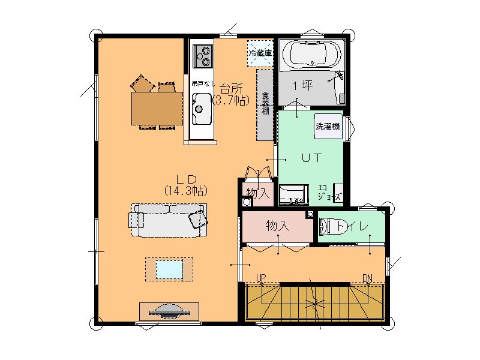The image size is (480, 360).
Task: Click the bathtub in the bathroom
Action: pyautogui.click(x=312, y=55)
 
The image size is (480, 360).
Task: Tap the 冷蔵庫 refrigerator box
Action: pyautogui.click(x=260, y=53)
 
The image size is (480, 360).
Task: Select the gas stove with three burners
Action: pyautogui.click(x=202, y=56)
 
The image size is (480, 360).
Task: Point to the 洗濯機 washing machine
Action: pyautogui.click(x=328, y=126)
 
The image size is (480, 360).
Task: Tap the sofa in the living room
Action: pyautogui.click(x=168, y=220)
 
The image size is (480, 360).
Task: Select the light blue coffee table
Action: pyautogui.click(x=169, y=269)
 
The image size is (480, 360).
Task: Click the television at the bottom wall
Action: pyautogui.click(x=169, y=311)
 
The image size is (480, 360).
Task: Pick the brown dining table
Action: pyautogui.click(x=157, y=109)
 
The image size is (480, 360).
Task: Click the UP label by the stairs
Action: pyautogui.click(x=261, y=278)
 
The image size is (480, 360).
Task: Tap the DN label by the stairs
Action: pyautogui.click(x=367, y=278)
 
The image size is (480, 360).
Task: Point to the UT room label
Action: pyautogui.click(x=311, y=158)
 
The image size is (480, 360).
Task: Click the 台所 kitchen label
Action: pyautogui.click(x=232, y=89)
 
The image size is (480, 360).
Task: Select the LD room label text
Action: pyautogui.click(x=186, y=179)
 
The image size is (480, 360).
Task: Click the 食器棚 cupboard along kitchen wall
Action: pyautogui.click(x=265, y=105)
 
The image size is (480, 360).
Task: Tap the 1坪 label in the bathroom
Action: pyautogui.click(x=303, y=85)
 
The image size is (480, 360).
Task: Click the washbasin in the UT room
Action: pyautogui.click(x=293, y=195)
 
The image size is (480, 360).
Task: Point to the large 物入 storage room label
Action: pyautogui.click(x=278, y=226)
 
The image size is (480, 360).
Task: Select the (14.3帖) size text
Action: pyautogui.click(x=186, y=191)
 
